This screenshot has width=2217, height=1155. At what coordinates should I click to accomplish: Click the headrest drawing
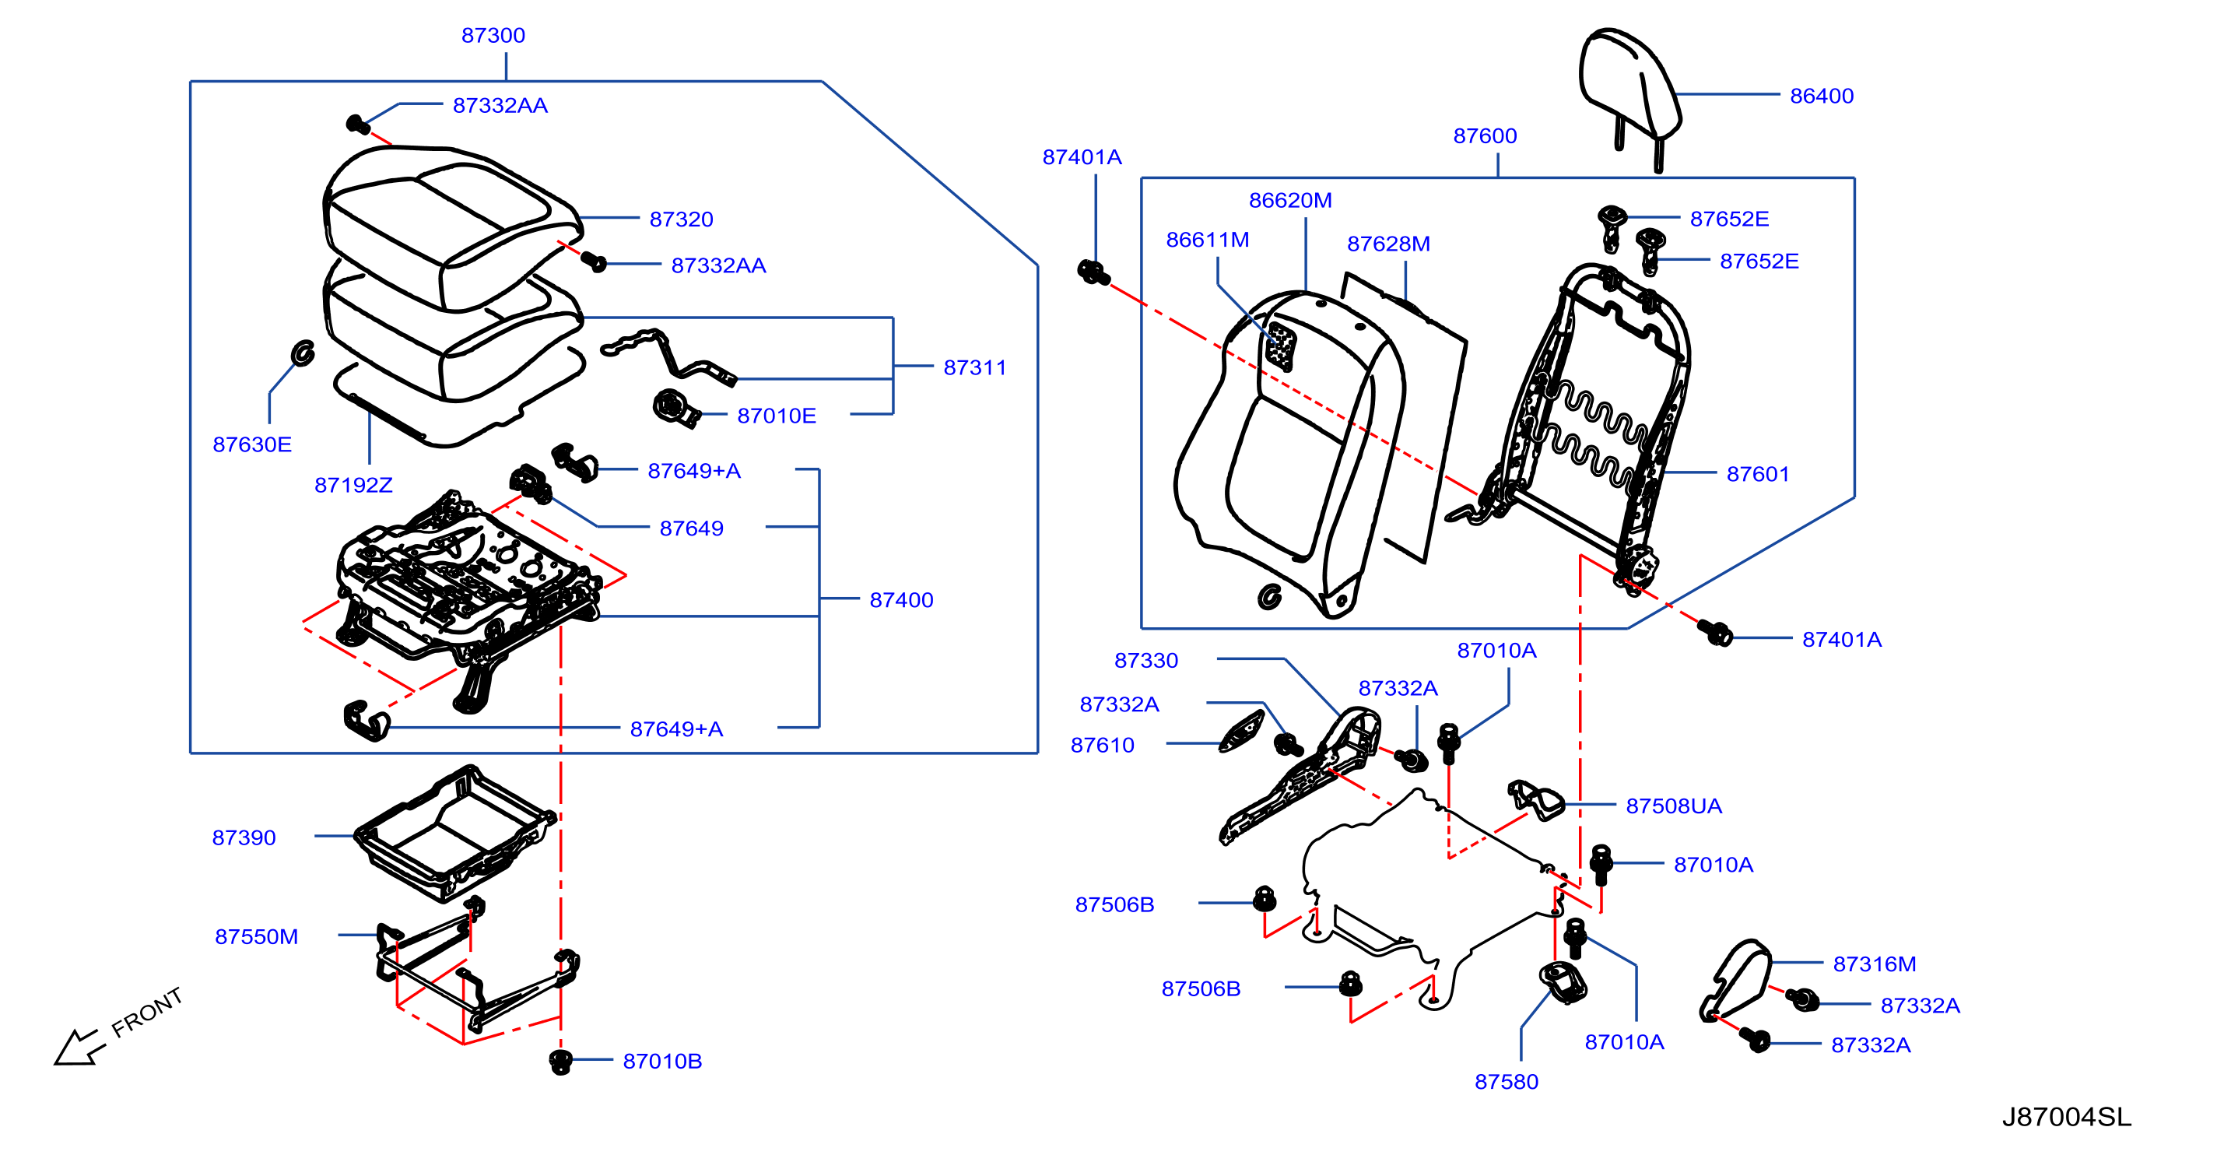point(1629,95)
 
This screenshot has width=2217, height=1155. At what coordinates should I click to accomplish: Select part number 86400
point(1821,96)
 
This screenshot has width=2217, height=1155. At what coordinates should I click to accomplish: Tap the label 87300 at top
point(493,35)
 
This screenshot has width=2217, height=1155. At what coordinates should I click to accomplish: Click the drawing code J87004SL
point(2065,1116)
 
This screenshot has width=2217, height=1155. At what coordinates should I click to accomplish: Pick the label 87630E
point(252,444)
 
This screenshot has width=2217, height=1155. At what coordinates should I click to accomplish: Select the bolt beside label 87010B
point(560,1061)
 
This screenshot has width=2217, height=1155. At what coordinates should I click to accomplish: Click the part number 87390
point(244,837)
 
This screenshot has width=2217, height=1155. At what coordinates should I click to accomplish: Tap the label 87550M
point(257,936)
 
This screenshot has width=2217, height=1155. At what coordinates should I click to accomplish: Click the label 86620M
point(1290,201)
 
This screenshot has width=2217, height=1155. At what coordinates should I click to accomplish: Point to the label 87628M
point(1388,244)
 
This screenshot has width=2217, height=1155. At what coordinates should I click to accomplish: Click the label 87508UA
point(1673,806)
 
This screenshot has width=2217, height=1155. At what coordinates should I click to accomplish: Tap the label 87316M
point(1874,964)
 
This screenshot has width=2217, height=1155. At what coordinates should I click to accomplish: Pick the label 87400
point(901,600)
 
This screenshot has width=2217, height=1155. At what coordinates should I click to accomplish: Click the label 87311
point(974,367)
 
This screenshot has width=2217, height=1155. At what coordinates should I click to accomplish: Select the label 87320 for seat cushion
point(681,219)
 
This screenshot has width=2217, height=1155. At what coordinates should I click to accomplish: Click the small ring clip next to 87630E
point(303,353)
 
